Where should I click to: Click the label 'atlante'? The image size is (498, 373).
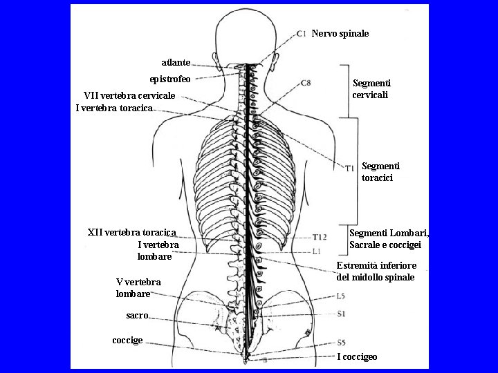coord(176,62)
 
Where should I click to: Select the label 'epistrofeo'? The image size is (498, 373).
coord(170,79)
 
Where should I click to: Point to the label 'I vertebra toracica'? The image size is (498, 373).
coord(114,108)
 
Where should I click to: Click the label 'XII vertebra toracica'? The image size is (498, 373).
coord(132,232)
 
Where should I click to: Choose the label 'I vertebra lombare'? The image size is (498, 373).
coord(158,250)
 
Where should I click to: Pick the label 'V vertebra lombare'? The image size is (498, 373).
coord(138,287)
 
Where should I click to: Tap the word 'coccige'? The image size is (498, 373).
coord(127,341)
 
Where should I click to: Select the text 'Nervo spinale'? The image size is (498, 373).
coord(340,33)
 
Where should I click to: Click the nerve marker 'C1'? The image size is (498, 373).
coord(301,33)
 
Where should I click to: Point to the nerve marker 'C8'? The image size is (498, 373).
coord(306,83)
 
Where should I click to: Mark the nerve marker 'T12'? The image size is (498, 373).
coord(320,237)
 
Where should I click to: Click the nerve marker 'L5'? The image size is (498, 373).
coord(341,297)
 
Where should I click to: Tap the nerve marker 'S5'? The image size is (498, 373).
coord(341,342)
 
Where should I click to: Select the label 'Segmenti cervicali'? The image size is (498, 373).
coord(371,88)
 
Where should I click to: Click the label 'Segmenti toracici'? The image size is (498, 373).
coord(378,172)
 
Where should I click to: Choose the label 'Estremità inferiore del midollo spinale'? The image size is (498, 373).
coord(376,271)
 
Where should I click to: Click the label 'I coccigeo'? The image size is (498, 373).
coord(357,356)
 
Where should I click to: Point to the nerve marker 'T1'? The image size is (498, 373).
coord(350,167)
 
